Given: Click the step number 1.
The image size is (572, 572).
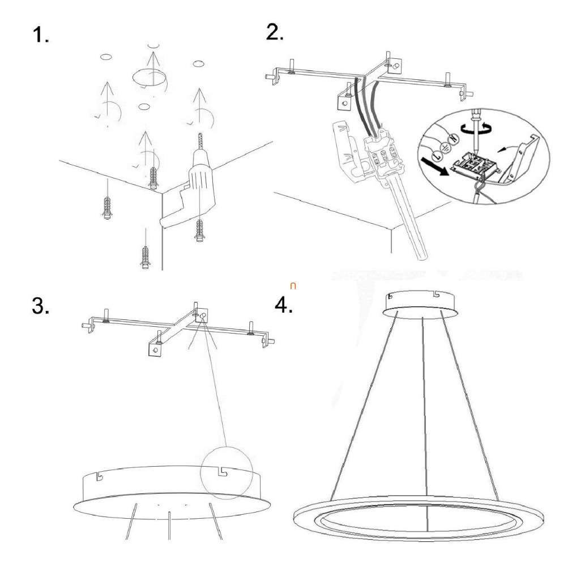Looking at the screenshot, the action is [40, 36].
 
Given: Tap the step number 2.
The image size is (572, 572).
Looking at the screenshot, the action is [275, 32].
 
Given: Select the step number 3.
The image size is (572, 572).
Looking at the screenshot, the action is [40, 305].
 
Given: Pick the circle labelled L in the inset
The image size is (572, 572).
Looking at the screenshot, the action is [436, 156].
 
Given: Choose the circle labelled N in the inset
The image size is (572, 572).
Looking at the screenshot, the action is [454, 139].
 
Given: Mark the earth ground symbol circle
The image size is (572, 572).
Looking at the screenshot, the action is [445, 147].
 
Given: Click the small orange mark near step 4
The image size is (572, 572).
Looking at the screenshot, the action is [293, 286].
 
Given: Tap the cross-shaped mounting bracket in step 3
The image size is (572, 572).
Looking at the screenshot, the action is [178, 328].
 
